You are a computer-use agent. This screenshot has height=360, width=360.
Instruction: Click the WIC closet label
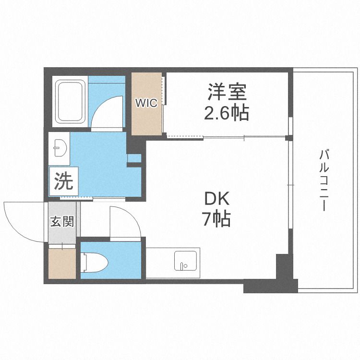pyautogui.click(x=146, y=103)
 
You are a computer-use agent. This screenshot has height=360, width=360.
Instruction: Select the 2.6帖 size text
pyautogui.click(x=227, y=113)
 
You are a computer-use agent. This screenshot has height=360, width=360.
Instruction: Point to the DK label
pyautogui.click(x=217, y=198)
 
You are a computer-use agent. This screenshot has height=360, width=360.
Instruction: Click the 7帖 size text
pyautogui.click(x=216, y=220)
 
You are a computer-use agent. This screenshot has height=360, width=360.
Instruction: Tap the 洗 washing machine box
pyautogui.click(x=63, y=181)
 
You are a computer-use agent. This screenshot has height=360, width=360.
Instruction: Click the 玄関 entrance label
pyautogui.click(x=62, y=222)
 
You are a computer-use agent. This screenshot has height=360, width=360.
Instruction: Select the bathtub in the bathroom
pyautogui.click(x=71, y=102)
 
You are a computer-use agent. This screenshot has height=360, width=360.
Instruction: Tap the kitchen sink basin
pyautogui.click(x=186, y=262)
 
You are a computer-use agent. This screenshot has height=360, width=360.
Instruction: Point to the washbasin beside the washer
pyautogui.click(x=59, y=148)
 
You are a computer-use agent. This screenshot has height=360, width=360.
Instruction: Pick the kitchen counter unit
pyautogui.click(x=173, y=263)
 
